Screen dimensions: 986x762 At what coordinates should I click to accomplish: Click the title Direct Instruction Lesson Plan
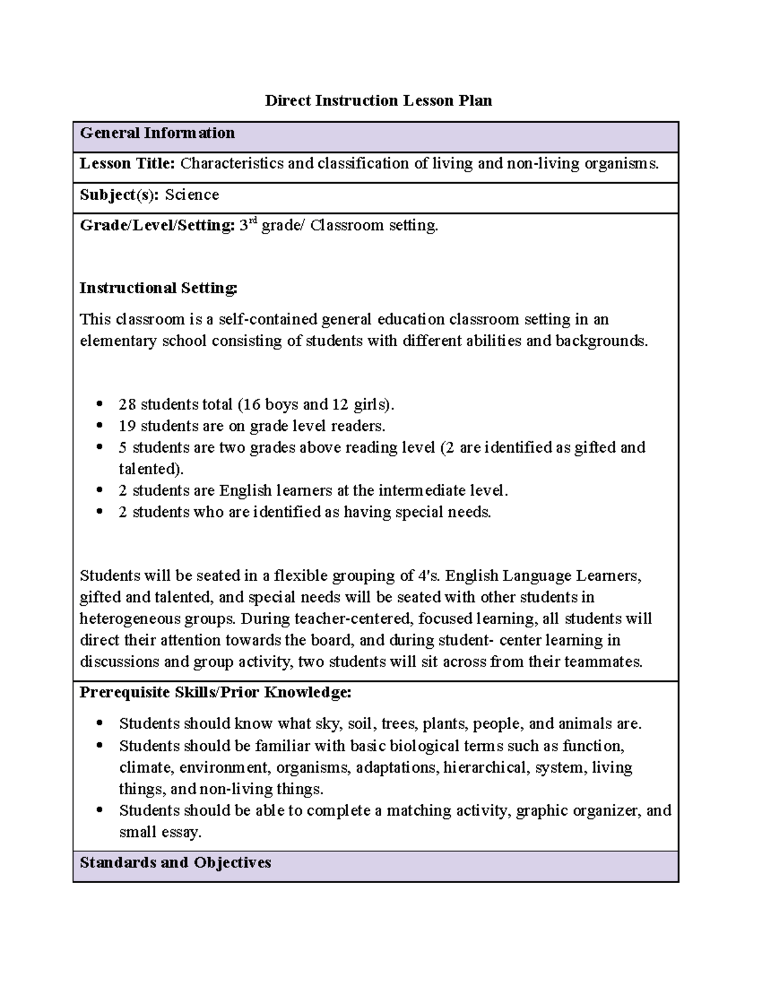(x=378, y=101)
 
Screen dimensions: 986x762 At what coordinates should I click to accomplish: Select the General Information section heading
(x=157, y=133)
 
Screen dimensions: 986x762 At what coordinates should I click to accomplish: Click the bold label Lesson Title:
(x=127, y=164)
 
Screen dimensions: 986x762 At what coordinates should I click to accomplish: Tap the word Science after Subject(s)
(x=192, y=195)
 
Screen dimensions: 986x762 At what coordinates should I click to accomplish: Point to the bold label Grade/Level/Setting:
(x=157, y=225)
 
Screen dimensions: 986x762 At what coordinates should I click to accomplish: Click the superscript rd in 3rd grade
(x=253, y=221)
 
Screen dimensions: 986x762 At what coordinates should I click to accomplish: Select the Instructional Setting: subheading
(x=158, y=288)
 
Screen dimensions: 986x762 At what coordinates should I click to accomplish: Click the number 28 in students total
(x=127, y=404)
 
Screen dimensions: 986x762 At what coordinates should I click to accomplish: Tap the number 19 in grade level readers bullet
(x=127, y=426)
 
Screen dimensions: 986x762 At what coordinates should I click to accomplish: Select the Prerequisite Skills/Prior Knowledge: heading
(x=215, y=693)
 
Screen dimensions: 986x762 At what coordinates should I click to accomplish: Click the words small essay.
(x=160, y=832)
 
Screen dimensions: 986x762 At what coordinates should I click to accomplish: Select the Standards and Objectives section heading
(x=175, y=863)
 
